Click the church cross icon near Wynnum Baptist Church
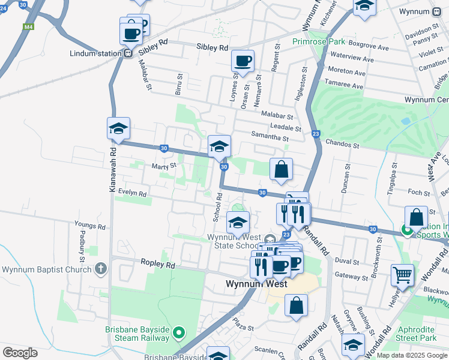(101, 268)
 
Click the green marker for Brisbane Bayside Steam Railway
(178, 332)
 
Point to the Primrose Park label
(319, 41)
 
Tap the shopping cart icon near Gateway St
(402, 275)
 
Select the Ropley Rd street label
(158, 264)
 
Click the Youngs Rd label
(90, 226)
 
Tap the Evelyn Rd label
(132, 193)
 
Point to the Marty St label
(163, 166)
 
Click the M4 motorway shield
(28, 27)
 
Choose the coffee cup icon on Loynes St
(243, 61)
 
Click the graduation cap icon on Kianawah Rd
(118, 128)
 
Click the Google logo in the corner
(20, 353)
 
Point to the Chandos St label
(342, 145)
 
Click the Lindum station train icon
(128, 53)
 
